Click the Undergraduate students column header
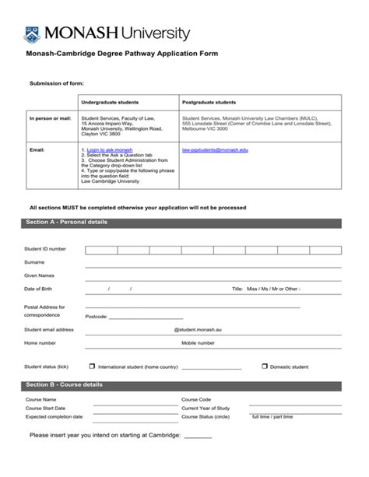point(109,102)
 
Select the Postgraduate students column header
point(208,102)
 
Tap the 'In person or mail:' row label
point(50,118)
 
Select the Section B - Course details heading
point(64,385)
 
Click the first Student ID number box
point(101,250)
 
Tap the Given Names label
point(39,275)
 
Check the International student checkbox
point(92,366)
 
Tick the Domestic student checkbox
point(264,366)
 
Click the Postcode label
point(97,317)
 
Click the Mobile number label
point(198,343)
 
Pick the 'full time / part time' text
point(272,416)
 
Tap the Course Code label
point(196,399)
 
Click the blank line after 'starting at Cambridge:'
point(198,437)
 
